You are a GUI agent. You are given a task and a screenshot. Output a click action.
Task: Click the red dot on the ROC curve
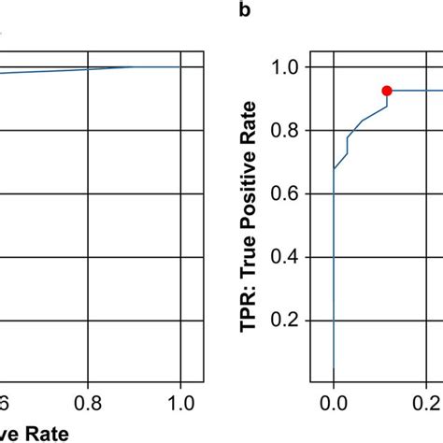(387, 90)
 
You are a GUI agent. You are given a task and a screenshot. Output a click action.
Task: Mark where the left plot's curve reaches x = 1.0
(179, 67)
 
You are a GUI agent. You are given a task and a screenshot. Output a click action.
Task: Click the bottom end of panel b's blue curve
(334, 371)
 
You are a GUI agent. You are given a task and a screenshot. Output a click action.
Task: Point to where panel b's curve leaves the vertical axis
(334, 169)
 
